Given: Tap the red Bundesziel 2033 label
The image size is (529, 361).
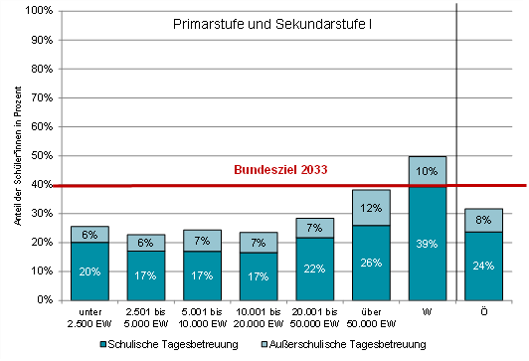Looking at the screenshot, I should [x=280, y=170].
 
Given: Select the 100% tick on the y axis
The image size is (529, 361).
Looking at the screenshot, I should [x=39, y=11].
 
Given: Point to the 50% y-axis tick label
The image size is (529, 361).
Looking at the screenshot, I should [x=41, y=156].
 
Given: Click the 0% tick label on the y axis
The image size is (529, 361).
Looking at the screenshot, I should [x=44, y=300].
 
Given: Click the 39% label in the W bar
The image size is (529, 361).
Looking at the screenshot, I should [x=428, y=244].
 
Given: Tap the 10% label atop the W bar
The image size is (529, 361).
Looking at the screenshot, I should [x=428, y=171].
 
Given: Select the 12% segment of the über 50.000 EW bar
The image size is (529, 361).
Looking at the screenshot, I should [x=371, y=208].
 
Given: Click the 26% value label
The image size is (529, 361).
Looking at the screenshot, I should [x=371, y=263].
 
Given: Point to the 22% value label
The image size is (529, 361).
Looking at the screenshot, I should [x=314, y=269].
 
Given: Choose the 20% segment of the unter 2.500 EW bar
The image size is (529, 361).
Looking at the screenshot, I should [x=89, y=271].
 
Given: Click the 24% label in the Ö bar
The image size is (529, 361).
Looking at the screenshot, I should [x=483, y=266].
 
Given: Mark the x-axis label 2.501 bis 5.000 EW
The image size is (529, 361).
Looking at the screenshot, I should [x=145, y=316].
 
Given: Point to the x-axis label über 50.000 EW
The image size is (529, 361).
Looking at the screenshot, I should [x=371, y=316].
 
